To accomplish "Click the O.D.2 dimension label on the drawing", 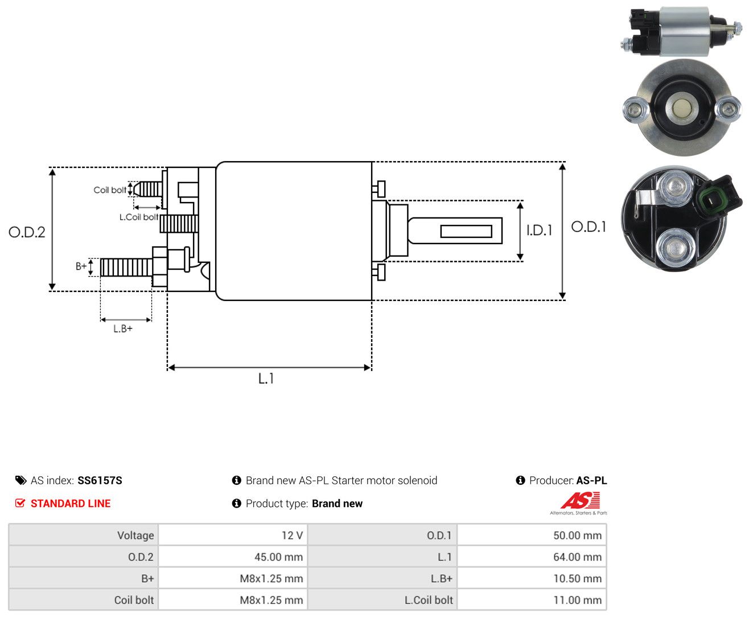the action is pyautogui.click(x=27, y=232).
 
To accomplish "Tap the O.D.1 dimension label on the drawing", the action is pyautogui.click(x=588, y=226).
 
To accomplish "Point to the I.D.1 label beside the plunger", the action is pyautogui.click(x=539, y=230).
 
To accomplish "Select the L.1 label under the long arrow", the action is pyautogui.click(x=266, y=378).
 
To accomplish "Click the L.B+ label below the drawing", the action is pyautogui.click(x=123, y=328).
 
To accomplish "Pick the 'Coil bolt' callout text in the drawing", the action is pyautogui.click(x=110, y=189).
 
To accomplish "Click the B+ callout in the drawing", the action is pyautogui.click(x=81, y=266).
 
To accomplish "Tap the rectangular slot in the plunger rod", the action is pyautogui.click(x=466, y=232).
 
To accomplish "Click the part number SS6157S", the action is pyautogui.click(x=100, y=480).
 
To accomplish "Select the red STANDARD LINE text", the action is pyautogui.click(x=71, y=504).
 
